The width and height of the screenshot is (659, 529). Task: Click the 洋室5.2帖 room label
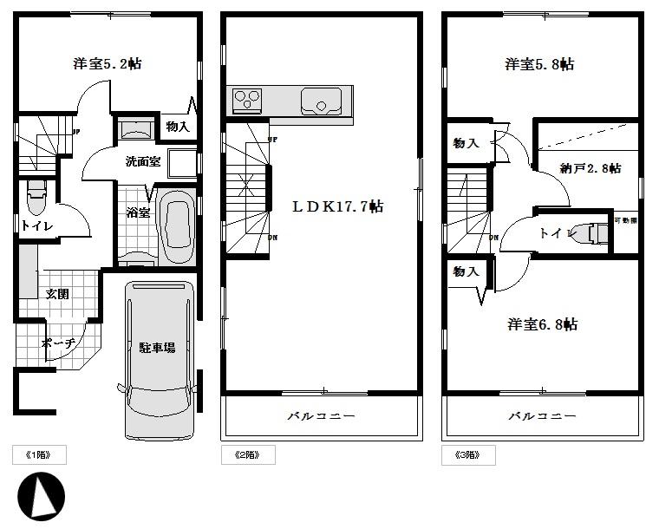pos(107,64)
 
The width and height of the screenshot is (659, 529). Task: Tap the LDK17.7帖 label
pos(337,206)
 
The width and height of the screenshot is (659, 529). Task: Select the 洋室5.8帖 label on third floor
pos(539,64)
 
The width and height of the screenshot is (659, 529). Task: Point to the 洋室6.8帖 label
pos(542,324)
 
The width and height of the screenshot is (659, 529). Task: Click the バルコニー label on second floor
pos(321,416)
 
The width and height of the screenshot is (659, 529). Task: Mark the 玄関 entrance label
pos(57,294)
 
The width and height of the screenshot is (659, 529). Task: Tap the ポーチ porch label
pos(59,343)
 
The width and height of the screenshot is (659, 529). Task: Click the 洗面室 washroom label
pos(142,161)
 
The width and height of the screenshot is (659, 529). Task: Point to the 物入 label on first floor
pos(177,127)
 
